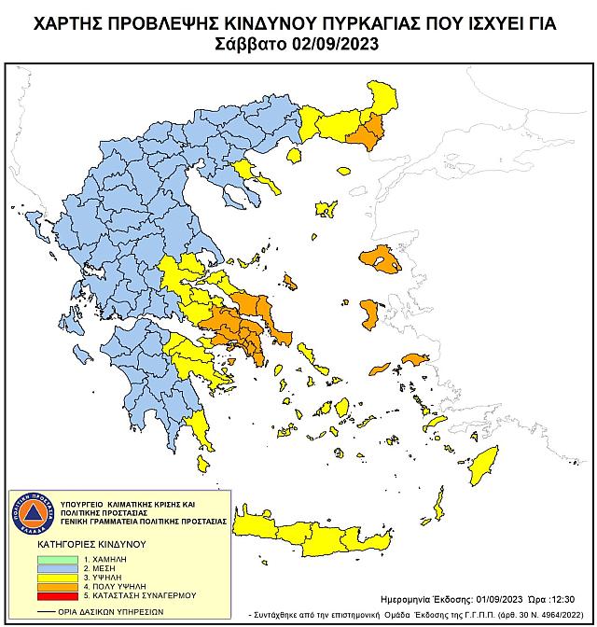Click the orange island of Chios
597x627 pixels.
tap(369, 313)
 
